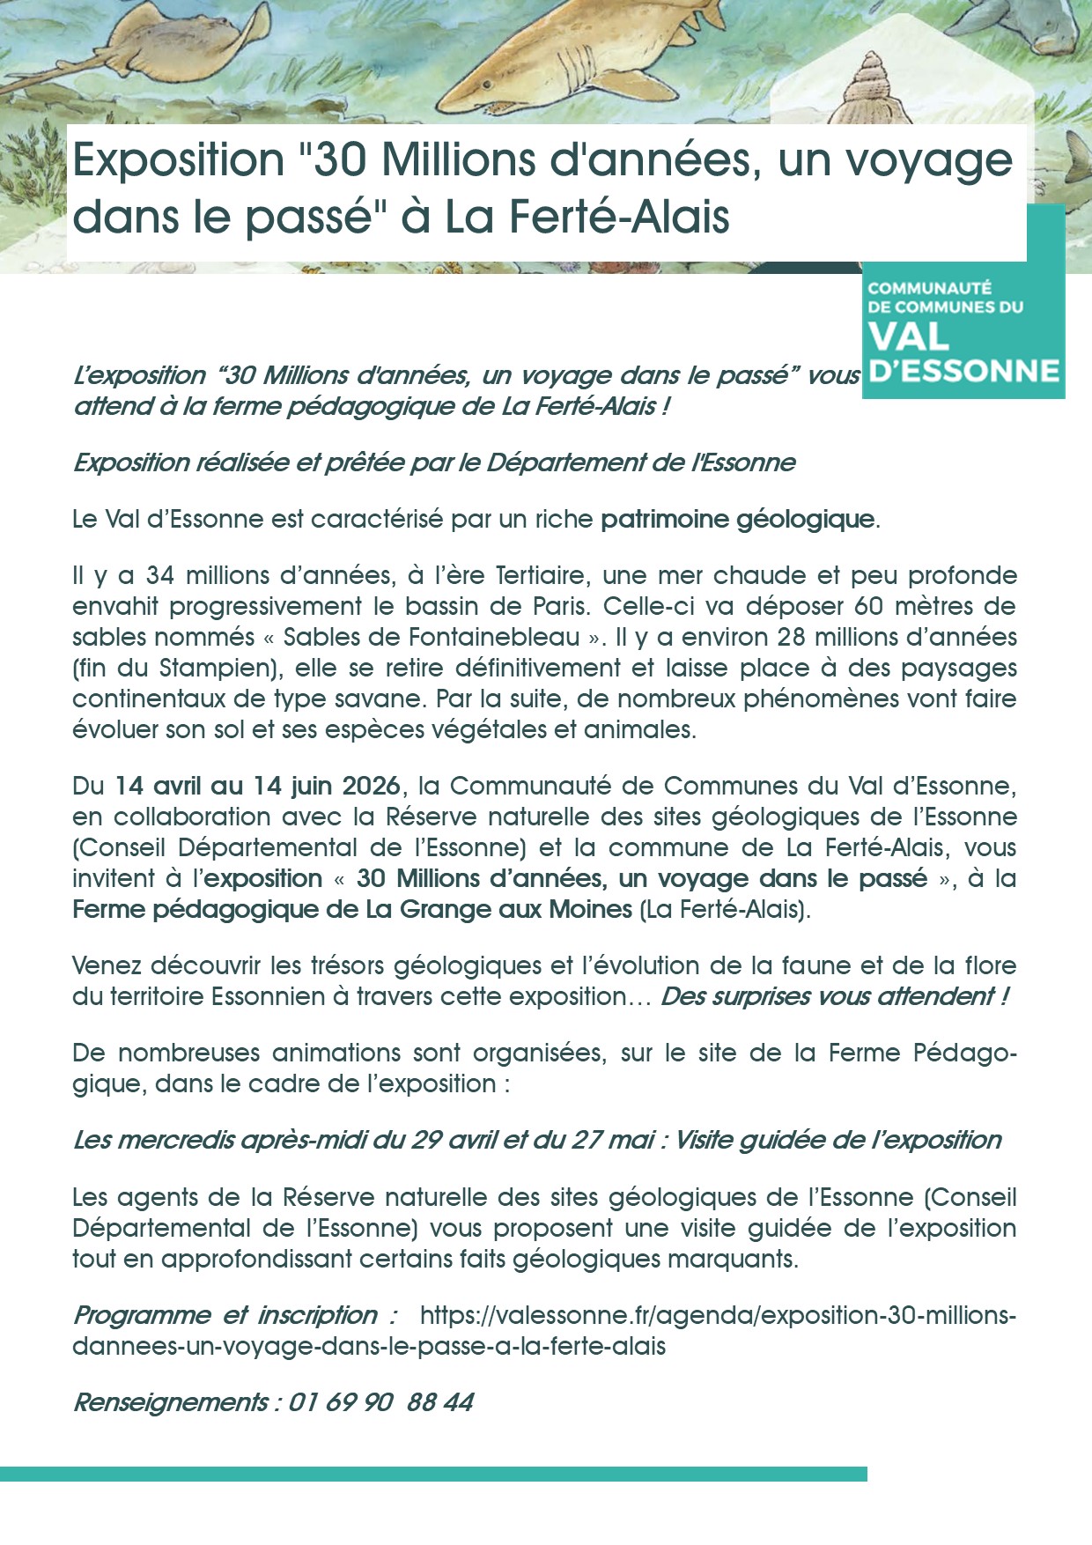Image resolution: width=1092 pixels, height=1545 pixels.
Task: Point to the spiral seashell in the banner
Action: pos(867,88)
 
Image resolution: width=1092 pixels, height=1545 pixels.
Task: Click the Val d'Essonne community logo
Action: pos(963,330)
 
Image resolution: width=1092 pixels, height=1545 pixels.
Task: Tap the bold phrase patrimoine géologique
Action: pos(738,519)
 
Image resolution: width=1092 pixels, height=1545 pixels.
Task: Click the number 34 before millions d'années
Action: pos(160,576)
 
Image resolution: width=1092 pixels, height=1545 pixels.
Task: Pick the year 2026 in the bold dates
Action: pos(372,786)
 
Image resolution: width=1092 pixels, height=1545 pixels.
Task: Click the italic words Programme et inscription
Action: pos(235,1316)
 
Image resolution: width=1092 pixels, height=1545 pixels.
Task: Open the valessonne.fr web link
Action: pos(718,1316)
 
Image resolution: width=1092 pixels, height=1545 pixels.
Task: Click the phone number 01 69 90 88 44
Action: pos(380,1402)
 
